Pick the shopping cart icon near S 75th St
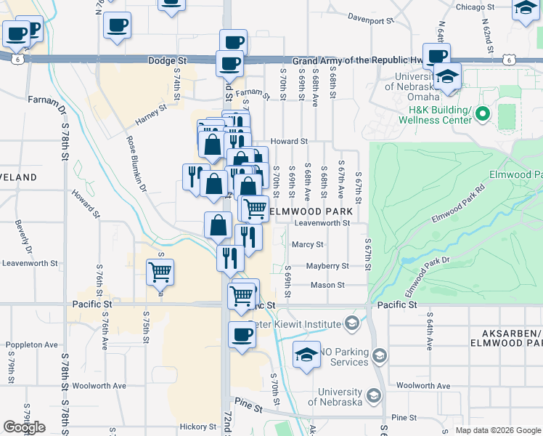[x=160, y=272]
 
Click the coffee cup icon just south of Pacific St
[x=242, y=336]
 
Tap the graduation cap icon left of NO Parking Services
[x=306, y=355]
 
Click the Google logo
[x=24, y=427]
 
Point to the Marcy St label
[x=307, y=245]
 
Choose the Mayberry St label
[x=327, y=266]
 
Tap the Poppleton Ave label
[x=31, y=344]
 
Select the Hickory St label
[x=199, y=427]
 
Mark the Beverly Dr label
[x=20, y=238]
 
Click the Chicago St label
[x=475, y=7]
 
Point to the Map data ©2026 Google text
[x=497, y=430]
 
